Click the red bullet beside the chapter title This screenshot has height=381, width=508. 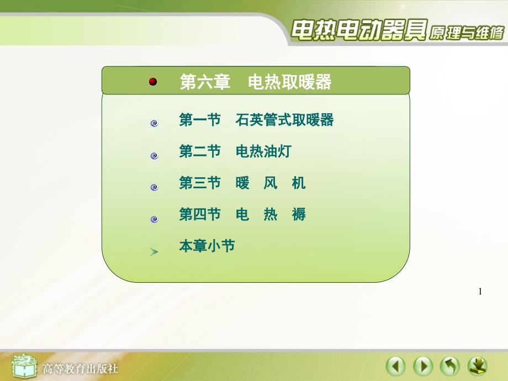point(153,82)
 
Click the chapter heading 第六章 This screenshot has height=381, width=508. point(205,82)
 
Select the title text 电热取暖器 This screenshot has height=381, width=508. point(290,82)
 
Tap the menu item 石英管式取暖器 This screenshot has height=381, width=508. point(284,120)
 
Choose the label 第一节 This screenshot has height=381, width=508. point(200,120)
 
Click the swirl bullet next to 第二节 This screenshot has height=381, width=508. point(154,156)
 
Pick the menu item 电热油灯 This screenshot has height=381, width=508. point(263,151)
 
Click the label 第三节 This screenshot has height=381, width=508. point(200,183)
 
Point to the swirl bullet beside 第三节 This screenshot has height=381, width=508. point(154,187)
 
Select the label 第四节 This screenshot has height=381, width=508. point(200,214)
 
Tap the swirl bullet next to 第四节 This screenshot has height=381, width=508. point(154,219)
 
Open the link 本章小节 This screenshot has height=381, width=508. point(207,246)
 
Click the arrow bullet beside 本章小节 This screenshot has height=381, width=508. point(154,252)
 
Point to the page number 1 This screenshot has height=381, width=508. point(480,292)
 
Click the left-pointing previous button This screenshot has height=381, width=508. point(395,367)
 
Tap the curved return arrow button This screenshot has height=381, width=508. point(450,367)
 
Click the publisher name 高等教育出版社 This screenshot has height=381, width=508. point(81,369)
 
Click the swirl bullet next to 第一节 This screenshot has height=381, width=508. point(154,124)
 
